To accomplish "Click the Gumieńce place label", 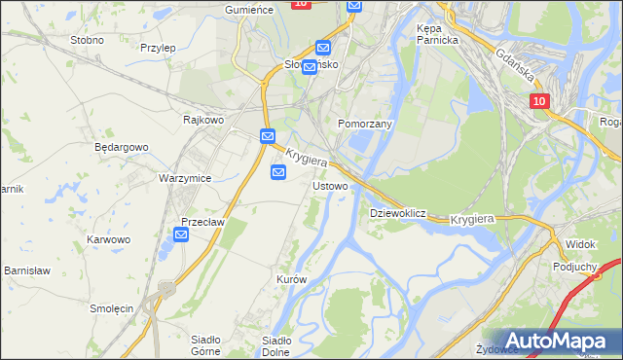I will click(247, 9).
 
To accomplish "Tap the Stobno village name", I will click(87, 41).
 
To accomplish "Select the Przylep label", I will click(157, 48).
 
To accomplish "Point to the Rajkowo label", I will click(203, 120).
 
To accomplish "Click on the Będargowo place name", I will click(121, 148).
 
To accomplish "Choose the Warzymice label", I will click(185, 179).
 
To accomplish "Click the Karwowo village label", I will click(108, 239).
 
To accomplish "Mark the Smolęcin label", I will click(111, 307).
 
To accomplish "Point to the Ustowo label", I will click(330, 185).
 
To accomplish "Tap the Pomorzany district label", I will click(364, 125).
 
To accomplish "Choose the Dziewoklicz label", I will click(398, 212).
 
